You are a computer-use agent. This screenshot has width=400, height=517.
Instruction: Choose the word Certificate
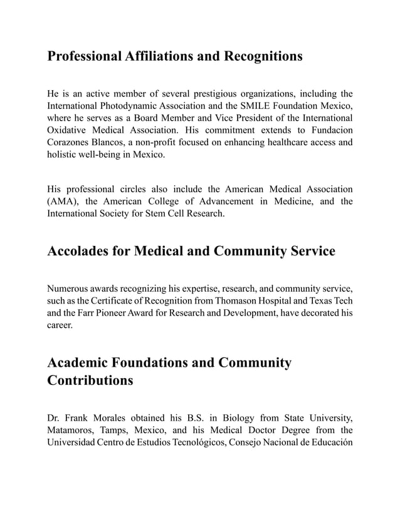134,301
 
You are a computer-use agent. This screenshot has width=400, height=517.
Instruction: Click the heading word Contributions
90,381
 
